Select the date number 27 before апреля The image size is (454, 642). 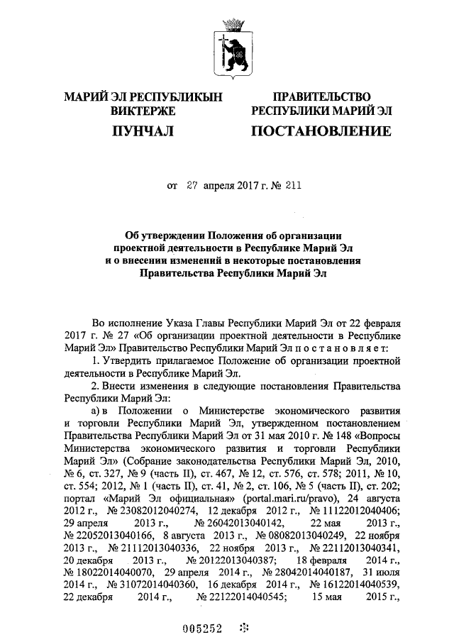[190, 187]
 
